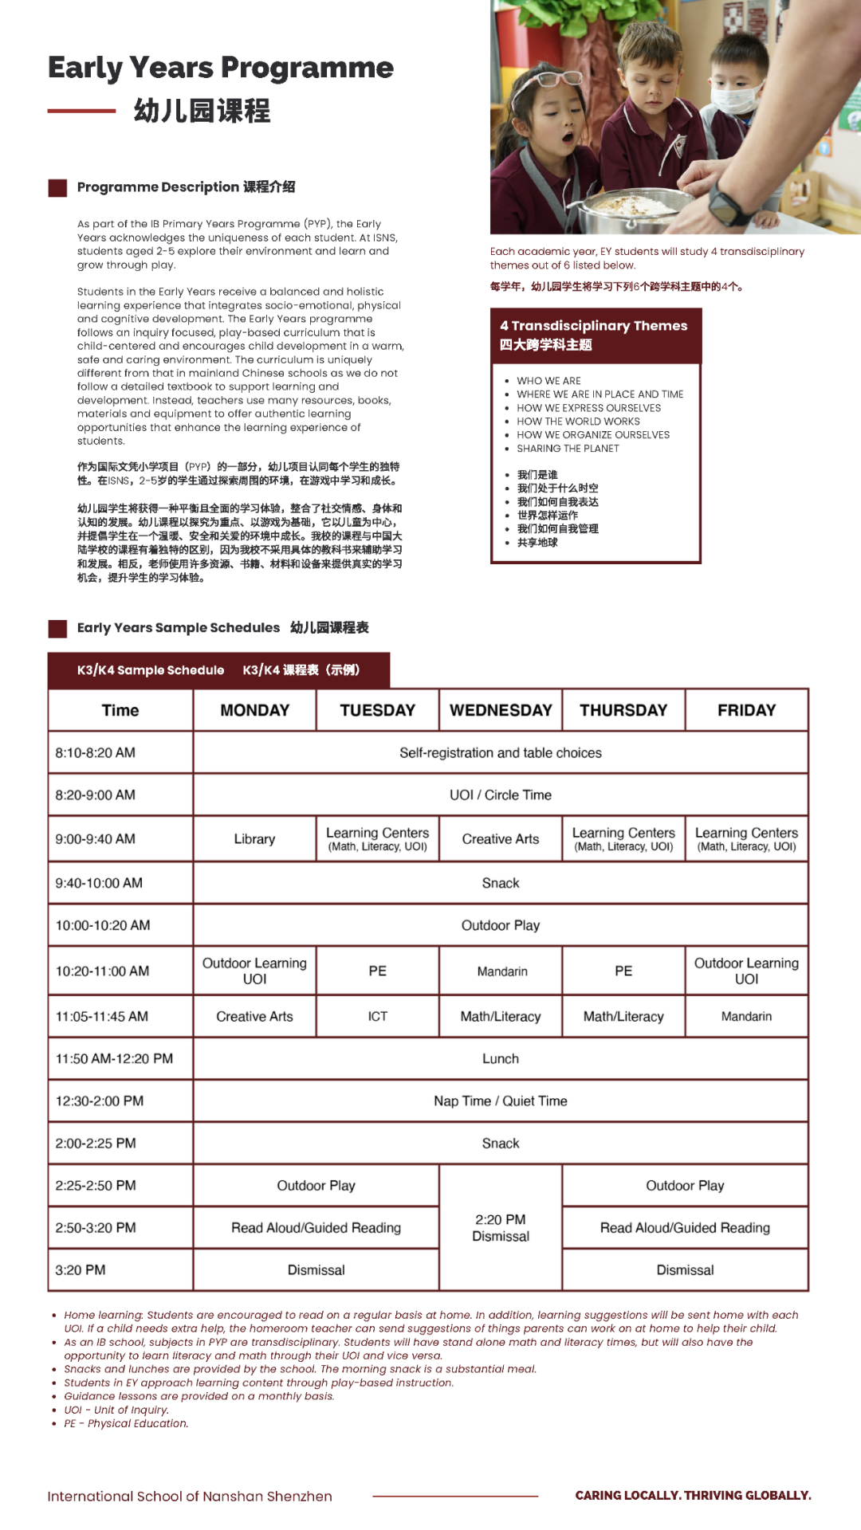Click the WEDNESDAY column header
[501, 710]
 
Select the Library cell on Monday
[254, 839]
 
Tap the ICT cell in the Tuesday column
[377, 1016]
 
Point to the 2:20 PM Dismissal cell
[501, 1228]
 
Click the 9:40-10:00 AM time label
[99, 883]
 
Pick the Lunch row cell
[501, 1058]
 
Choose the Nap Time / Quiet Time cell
[501, 1100]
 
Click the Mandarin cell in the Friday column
[746, 1016]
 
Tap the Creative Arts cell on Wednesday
[501, 839]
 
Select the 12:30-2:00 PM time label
[100, 1100]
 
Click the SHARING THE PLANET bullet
[568, 449]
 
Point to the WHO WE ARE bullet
[548, 381]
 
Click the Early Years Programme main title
[221, 68]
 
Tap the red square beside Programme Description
[57, 188]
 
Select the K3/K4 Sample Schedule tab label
[151, 670]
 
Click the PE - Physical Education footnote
[126, 1423]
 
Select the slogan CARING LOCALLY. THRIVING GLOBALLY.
[693, 1495]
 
